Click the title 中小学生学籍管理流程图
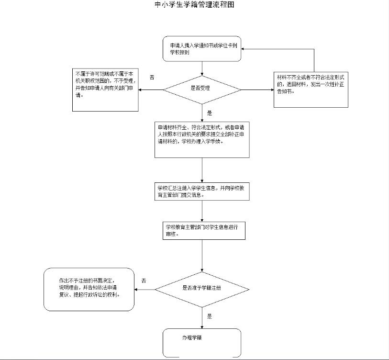195,5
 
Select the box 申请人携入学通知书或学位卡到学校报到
201,49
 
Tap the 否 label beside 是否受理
152,77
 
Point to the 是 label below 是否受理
209,113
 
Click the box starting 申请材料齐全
202,139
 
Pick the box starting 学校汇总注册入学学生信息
202,191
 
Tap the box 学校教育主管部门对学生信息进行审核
203,230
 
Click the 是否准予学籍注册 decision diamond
202,289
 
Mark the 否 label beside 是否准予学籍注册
144,280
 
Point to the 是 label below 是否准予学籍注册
209,316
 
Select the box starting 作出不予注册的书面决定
89,289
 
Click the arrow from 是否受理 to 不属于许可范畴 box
151,90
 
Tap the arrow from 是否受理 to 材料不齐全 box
257,90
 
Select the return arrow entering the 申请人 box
278,49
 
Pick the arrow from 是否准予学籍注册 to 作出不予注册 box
144,289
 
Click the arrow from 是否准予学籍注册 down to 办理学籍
202,318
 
